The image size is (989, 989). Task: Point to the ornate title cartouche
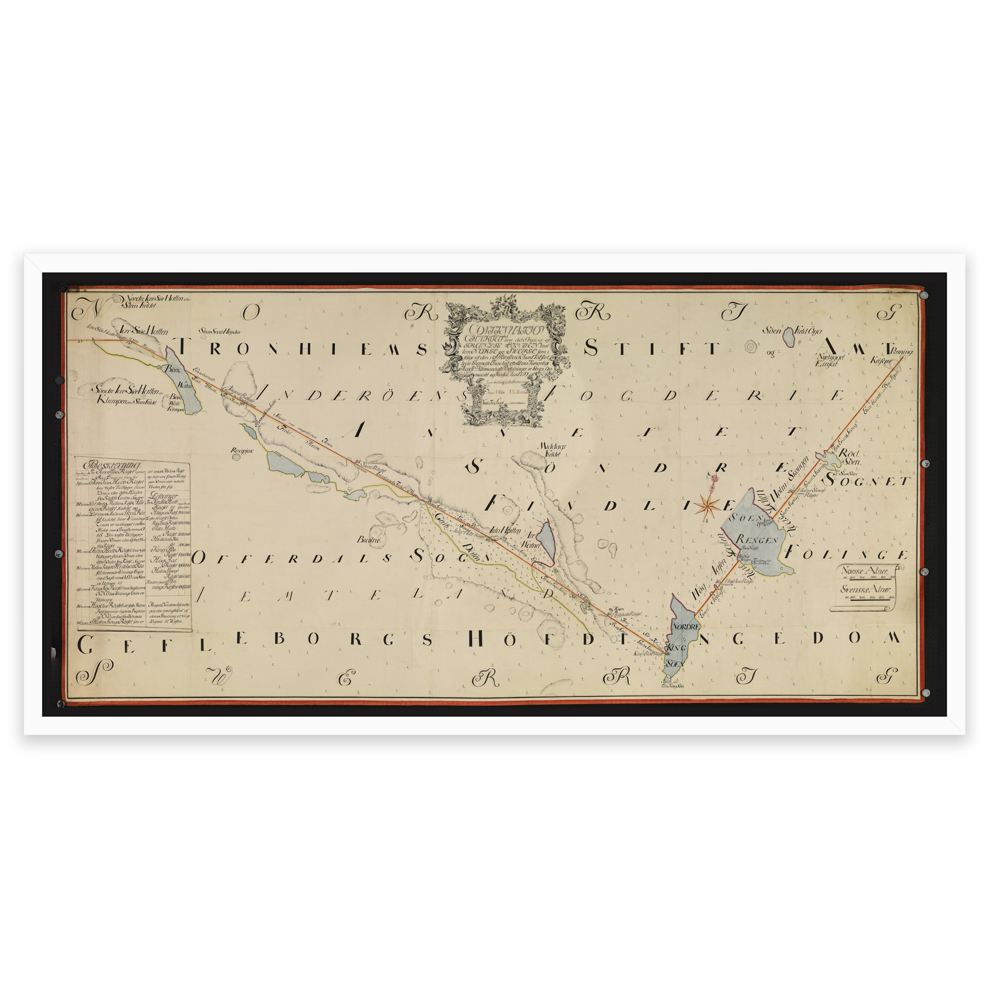(504, 363)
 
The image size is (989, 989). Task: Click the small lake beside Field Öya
(789, 336)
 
